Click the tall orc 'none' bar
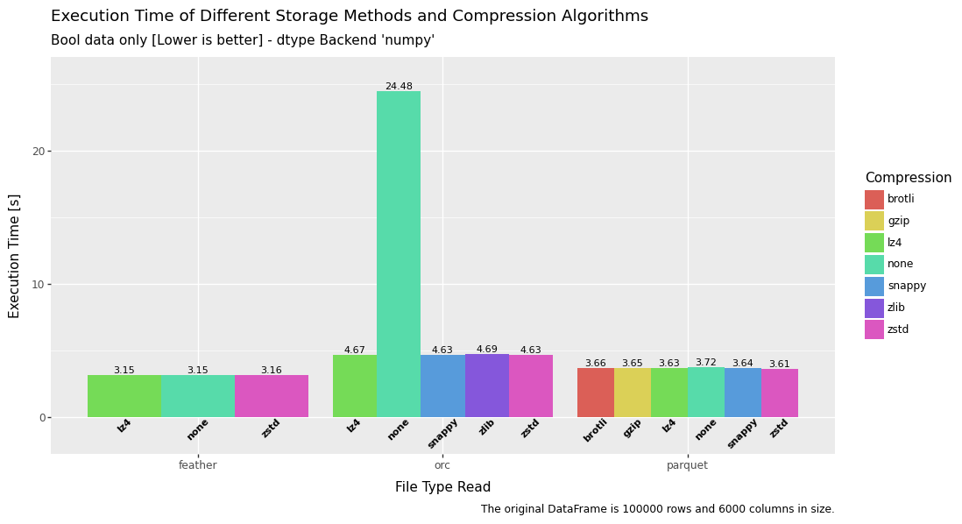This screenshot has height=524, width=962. pos(399,254)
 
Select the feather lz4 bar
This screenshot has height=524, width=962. pos(124,396)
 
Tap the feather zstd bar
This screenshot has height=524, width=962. pos(272,396)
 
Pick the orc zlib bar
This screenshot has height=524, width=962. pos(487,386)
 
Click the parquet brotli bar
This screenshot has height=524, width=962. pos(596,393)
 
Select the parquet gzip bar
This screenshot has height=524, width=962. pos(633,393)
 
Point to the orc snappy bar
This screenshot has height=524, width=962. pos(442,386)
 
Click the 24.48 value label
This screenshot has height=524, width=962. pos(399,87)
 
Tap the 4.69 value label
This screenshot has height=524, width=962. pos(487,349)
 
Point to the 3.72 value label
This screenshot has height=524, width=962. pos(706,362)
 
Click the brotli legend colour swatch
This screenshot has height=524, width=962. pos(874,200)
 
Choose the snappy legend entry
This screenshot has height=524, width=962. pos(906,286)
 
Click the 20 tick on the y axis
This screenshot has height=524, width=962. pos(39,151)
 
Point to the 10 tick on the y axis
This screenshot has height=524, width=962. pos(39,284)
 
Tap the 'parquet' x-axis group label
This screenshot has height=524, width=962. pos(687,465)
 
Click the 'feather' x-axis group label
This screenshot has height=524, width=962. pos(198,465)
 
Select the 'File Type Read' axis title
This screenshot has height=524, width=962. pos(442,487)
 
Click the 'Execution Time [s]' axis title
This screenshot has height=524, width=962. pos(15,256)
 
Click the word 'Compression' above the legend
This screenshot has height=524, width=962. pos(908,178)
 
